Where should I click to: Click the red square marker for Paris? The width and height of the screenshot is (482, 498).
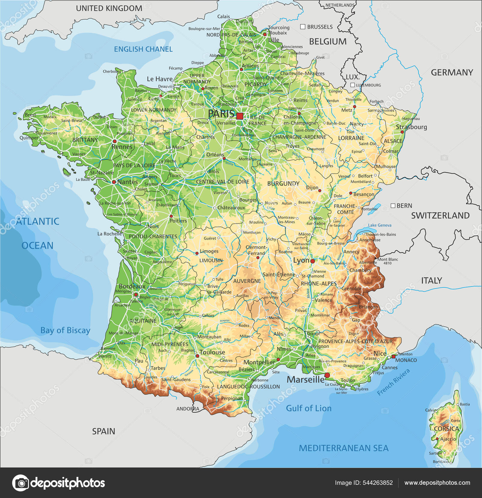pyautogui.click(x=239, y=116)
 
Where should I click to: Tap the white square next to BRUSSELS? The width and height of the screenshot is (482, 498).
pyautogui.click(x=303, y=27)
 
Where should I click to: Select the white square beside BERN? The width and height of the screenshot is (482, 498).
pyautogui.click(x=393, y=206)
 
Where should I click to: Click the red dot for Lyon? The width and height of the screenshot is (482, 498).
pyautogui.click(x=312, y=261)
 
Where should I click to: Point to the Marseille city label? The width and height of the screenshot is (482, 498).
pyautogui.click(x=305, y=380)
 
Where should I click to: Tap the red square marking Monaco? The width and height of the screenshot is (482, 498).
pyautogui.click(x=393, y=357)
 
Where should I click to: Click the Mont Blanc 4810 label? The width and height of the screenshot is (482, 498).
pyautogui.click(x=387, y=261)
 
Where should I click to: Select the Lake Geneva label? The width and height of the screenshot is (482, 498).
pyautogui.click(x=380, y=225)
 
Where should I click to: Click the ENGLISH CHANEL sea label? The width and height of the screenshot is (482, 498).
pyautogui.click(x=143, y=49)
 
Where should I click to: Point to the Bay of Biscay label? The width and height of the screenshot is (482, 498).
pyautogui.click(x=65, y=330)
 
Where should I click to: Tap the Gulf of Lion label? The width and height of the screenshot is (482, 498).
pyautogui.click(x=308, y=408)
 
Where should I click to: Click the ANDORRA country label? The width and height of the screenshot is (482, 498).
pyautogui.click(x=188, y=409)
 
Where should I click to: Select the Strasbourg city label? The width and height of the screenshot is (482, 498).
pyautogui.click(x=411, y=127)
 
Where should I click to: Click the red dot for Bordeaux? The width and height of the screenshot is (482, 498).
pyautogui.click(x=136, y=295)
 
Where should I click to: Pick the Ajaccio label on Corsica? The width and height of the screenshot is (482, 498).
pyautogui.click(x=448, y=439)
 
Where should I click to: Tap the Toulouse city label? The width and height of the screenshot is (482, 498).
pyautogui.click(x=212, y=352)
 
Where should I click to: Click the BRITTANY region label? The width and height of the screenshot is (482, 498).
pyautogui.click(x=85, y=140)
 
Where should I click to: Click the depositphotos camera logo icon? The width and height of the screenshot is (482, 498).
pyautogui.click(x=20, y=483)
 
